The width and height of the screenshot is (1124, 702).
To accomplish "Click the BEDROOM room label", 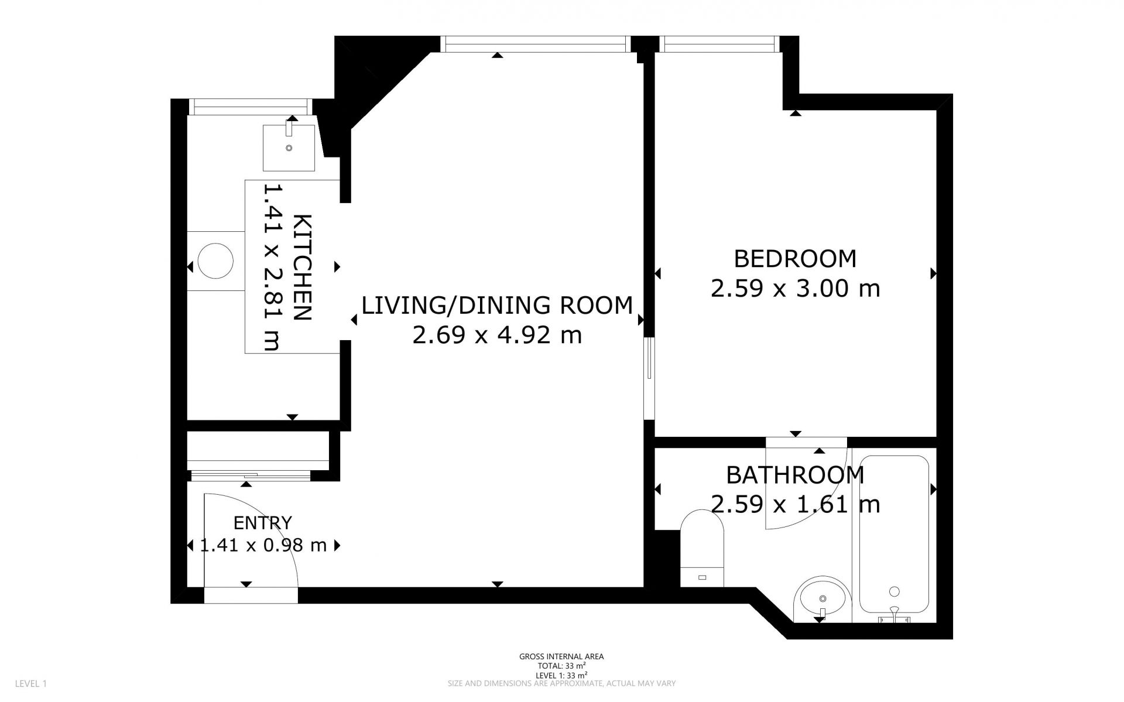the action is pyautogui.click(x=795, y=259).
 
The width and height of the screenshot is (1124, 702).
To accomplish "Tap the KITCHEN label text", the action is pyautogui.click(x=302, y=268).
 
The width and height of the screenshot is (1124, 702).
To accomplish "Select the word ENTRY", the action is pyautogui.click(x=263, y=523).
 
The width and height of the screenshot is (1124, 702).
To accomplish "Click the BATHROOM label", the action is pyautogui.click(x=795, y=475).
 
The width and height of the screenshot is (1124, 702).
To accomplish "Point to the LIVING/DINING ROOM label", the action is pyautogui.click(x=497, y=306).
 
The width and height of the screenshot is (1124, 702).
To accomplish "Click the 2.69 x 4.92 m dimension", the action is pyautogui.click(x=497, y=335).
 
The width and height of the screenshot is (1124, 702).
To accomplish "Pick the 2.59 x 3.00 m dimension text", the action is pyautogui.click(x=795, y=289).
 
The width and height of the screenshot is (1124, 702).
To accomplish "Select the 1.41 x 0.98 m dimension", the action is pyautogui.click(x=263, y=546).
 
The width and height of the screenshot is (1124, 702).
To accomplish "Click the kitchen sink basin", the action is pyautogui.click(x=289, y=148).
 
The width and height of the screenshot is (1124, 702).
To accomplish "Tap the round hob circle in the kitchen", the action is pyautogui.click(x=215, y=261).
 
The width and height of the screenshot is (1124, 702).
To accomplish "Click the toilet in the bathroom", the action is pyautogui.click(x=702, y=548).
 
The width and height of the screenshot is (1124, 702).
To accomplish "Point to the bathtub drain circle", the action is pyautogui.click(x=894, y=591).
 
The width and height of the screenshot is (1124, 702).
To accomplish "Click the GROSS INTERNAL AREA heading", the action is pyautogui.click(x=561, y=656).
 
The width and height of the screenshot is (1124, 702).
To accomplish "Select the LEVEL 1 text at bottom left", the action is pyautogui.click(x=30, y=683).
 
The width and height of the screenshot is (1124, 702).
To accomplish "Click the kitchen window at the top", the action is pyautogui.click(x=251, y=107).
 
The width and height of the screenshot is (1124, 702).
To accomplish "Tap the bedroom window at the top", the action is pyautogui.click(x=719, y=44).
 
